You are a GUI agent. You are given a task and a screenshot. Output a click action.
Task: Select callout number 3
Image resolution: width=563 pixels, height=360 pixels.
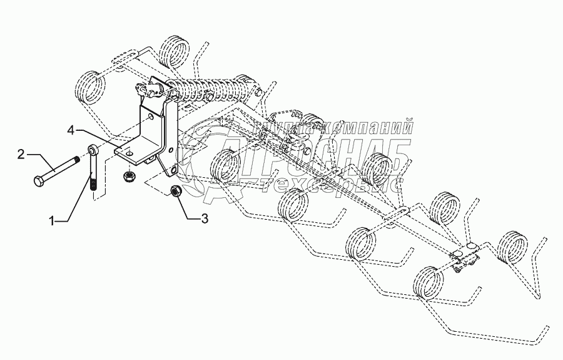click(204, 219)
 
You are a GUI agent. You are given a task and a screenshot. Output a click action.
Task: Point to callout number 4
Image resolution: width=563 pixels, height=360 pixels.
click(71, 130)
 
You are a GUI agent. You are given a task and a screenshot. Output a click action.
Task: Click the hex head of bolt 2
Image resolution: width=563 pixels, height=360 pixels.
click(37, 182)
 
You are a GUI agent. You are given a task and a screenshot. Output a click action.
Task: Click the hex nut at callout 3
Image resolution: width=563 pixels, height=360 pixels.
click(176, 191)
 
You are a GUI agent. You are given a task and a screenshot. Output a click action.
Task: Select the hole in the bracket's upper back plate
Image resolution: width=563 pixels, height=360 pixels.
click(150, 115)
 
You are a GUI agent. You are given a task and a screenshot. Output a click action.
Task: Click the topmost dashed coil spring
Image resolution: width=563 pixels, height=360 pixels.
click(176, 49)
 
